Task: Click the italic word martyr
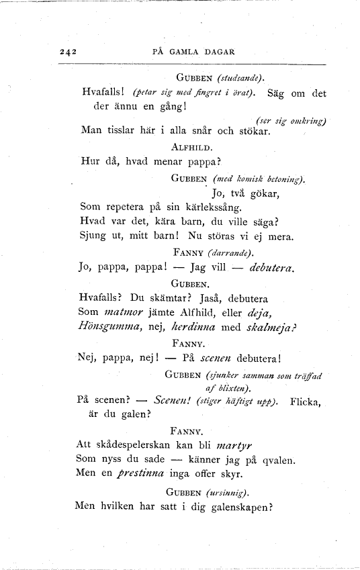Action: (x=237, y=445)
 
